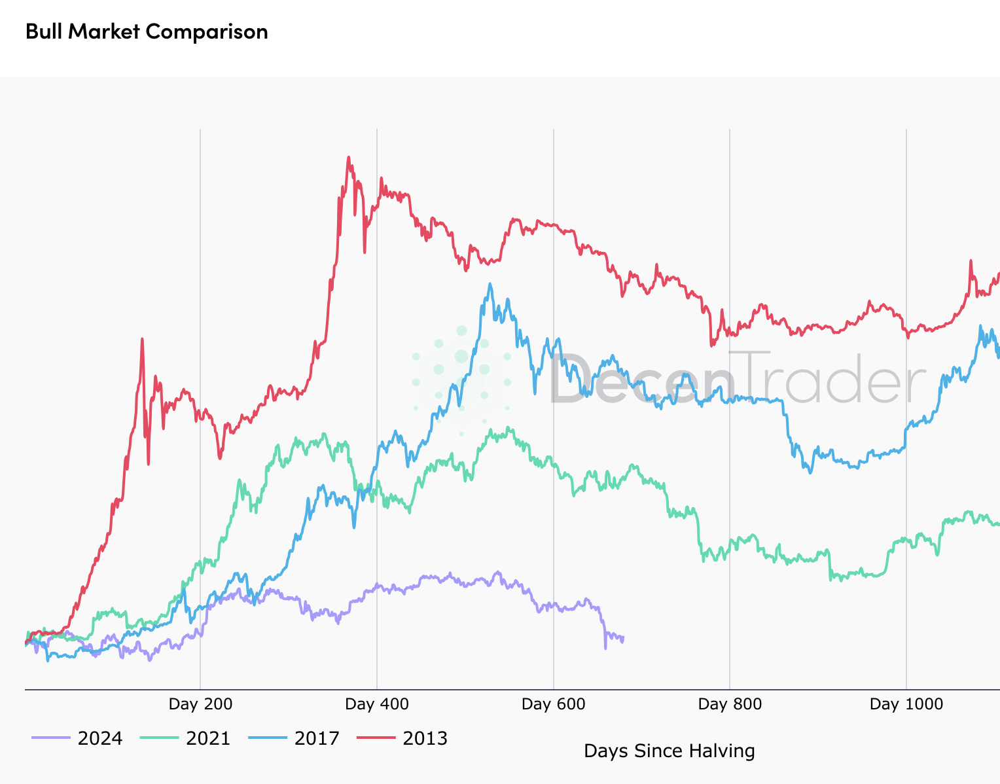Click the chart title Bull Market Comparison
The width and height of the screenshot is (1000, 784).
point(147,31)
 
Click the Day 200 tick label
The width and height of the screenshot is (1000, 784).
point(200,704)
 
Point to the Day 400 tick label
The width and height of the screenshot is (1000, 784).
point(377,704)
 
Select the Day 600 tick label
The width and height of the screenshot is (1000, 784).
point(554,704)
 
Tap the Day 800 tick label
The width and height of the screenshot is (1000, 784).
point(730,704)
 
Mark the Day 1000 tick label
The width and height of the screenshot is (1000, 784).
point(906,704)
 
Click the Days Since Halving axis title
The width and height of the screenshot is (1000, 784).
point(669,751)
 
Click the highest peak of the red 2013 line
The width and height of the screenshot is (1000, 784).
point(348,158)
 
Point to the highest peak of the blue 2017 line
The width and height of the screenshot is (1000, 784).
point(490,284)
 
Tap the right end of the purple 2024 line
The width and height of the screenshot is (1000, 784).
point(623,637)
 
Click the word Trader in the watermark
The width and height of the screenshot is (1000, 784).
point(828,378)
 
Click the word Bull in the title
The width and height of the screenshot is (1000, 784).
point(44,31)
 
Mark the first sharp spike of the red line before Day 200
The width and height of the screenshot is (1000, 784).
point(142,339)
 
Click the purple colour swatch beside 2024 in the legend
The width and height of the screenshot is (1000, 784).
point(50,738)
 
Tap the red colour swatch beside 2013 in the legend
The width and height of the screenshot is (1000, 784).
point(376,738)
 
